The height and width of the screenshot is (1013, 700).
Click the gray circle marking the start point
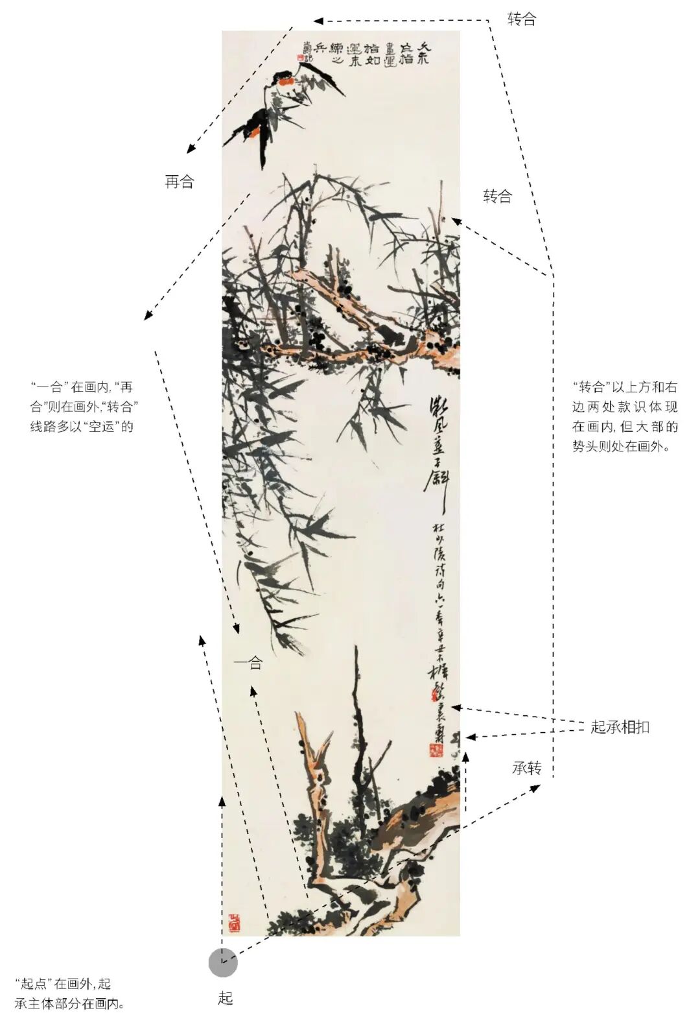coord(222,962)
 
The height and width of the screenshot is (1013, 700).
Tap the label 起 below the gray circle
coord(225,997)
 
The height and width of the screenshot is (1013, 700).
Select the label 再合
coord(180,182)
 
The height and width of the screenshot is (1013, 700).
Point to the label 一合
coord(248,663)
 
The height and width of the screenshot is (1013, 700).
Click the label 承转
coord(526,769)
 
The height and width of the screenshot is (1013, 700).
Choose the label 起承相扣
coord(620,727)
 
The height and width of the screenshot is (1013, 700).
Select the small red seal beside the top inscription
coord(300,57)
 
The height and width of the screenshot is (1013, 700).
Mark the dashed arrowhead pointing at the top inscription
coord(318,21)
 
